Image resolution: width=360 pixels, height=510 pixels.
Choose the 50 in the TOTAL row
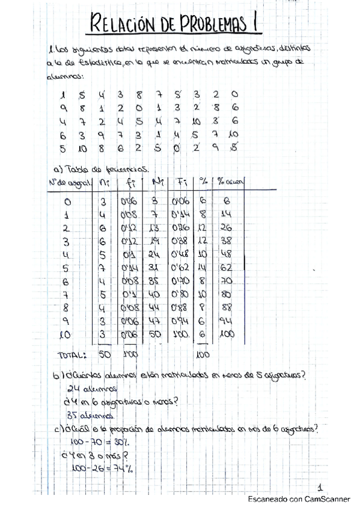click(x=105, y=354)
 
